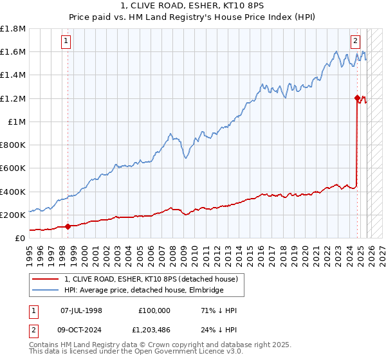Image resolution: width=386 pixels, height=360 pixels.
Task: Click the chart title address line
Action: [193, 6]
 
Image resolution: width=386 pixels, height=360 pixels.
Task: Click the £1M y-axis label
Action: [17, 122]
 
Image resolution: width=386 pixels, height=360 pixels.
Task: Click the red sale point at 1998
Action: [68, 226]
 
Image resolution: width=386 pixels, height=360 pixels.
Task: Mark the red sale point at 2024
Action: [358, 98]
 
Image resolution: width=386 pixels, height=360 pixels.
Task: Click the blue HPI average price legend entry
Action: [143, 291]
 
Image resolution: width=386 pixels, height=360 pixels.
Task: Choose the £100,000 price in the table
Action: [154, 310]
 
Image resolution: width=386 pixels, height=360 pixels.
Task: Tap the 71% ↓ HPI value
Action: [219, 310]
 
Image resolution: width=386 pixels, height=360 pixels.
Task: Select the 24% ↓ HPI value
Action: [219, 331]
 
